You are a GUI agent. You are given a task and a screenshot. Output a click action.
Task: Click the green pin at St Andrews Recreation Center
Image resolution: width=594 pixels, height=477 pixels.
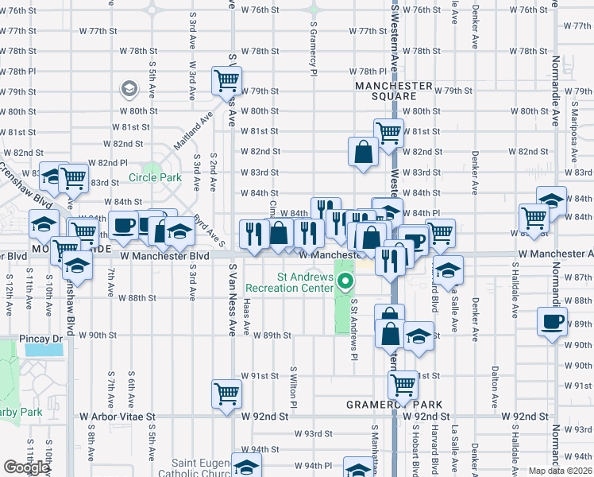[345, 281]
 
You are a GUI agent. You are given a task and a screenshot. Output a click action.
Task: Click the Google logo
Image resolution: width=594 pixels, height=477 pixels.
[25, 467]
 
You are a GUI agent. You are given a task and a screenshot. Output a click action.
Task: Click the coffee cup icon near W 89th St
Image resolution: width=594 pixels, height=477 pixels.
[552, 322]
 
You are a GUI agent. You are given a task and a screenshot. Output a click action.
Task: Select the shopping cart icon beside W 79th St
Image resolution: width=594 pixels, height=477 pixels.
[226, 79]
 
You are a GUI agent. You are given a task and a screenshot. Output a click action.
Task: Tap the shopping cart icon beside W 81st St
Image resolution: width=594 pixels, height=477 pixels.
[388, 133]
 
